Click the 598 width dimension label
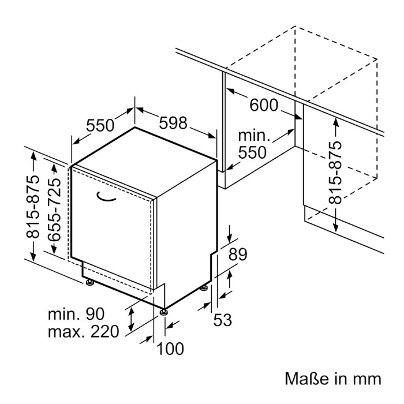(173, 123)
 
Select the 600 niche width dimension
(264, 105)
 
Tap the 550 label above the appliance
(100, 125)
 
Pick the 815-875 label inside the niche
(335, 173)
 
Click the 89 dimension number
(238, 255)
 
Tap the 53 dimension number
(223, 320)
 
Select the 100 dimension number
(170, 349)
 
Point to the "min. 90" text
(76, 314)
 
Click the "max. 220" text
(84, 331)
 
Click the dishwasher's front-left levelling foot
(90, 283)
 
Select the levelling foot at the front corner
(163, 312)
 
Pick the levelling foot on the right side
(204, 287)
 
